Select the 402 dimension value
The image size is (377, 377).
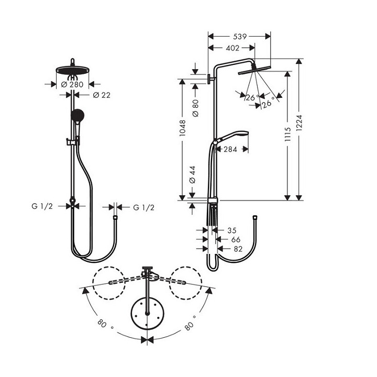[232, 48]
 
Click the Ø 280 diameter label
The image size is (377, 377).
[72, 84]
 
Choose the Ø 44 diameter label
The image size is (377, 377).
[192, 174]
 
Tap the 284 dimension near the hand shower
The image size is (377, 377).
[230, 149]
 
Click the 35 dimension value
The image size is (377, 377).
[231, 230]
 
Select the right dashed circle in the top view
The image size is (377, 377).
[186, 283]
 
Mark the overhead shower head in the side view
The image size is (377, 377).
[254, 69]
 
